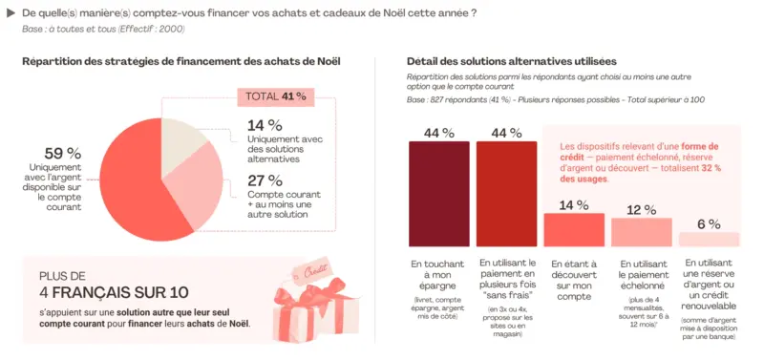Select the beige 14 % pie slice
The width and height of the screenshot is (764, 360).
[x=183, y=140]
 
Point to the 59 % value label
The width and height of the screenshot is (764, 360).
[x=62, y=153]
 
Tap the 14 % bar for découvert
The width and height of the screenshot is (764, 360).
[x=573, y=229]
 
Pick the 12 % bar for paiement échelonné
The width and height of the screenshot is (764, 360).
[x=641, y=232]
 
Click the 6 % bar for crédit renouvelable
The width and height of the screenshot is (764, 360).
[x=709, y=240]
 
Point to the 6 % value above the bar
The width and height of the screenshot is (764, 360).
[x=709, y=223]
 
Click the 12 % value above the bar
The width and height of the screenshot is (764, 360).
[x=641, y=209]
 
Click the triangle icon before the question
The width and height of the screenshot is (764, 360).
[x=11, y=12]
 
